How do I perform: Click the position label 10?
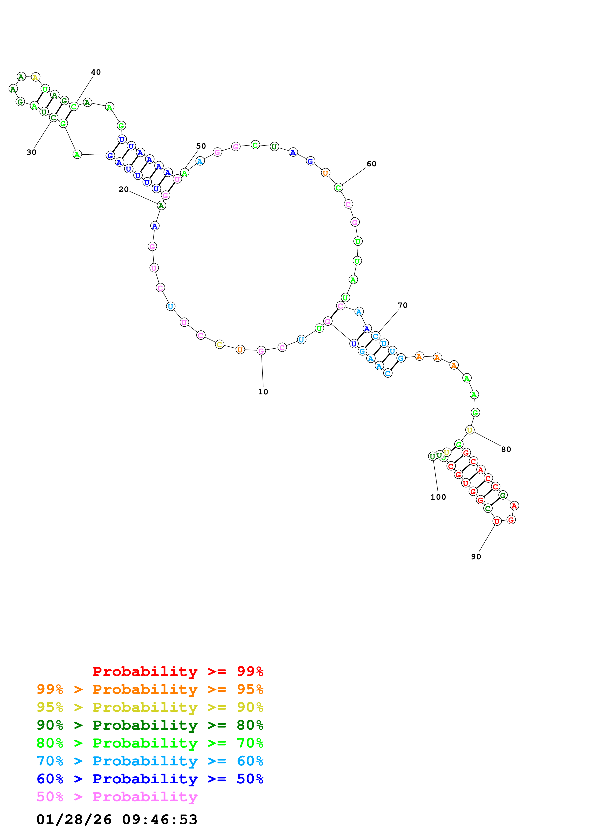[x=263, y=392]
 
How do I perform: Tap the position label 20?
[x=123, y=189]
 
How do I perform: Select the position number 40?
[x=96, y=72]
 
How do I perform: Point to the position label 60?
[x=371, y=164]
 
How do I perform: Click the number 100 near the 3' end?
[x=438, y=497]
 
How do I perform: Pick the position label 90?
[x=476, y=557]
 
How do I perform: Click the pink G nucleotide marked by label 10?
[x=261, y=351]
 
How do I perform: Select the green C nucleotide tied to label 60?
[x=338, y=188]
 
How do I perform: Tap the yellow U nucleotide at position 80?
[x=470, y=430]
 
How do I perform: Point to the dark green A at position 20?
[x=161, y=206]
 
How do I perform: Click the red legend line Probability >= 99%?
[x=178, y=671]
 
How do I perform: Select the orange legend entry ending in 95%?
[x=150, y=689]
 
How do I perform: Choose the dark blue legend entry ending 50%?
[x=150, y=779]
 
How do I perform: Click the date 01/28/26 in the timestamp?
[x=74, y=820]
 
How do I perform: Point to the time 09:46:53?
[x=159, y=820]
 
